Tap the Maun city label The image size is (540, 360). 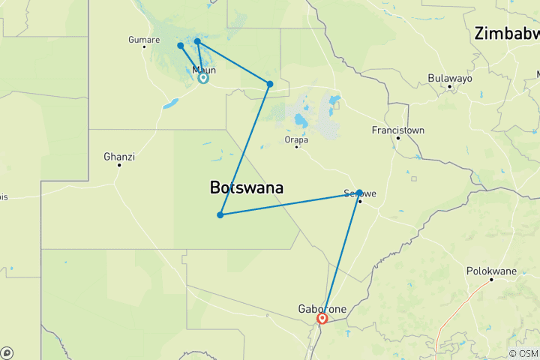(204, 70)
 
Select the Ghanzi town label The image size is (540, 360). (119, 157)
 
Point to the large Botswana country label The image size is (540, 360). (247, 188)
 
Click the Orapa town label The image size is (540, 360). (296, 139)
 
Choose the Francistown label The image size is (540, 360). (398, 130)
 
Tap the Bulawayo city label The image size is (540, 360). (449, 78)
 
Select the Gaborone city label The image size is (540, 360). (322, 308)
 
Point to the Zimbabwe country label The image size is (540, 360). (507, 34)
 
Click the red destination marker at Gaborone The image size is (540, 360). (322, 319)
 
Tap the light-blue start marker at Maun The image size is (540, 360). (203, 77)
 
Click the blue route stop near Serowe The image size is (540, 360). (359, 192)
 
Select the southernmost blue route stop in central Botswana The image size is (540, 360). (220, 215)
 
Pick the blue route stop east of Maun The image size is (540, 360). (270, 83)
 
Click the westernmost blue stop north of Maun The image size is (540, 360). (181, 46)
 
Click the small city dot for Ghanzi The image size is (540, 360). (119, 165)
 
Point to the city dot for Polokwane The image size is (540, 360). (491, 280)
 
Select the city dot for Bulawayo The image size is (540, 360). (449, 86)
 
